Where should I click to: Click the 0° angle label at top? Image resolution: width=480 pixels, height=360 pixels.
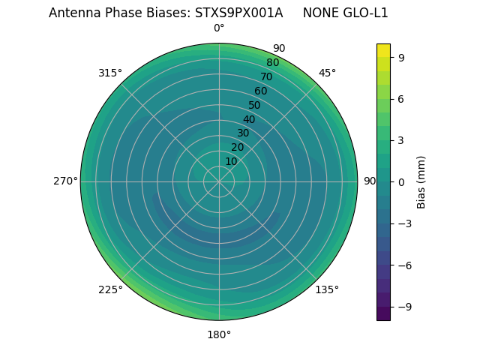[219, 28]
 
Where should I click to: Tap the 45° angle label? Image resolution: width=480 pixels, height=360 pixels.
[327, 73]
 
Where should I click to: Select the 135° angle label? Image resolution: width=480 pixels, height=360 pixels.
[327, 289]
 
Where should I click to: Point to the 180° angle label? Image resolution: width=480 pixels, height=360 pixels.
[219, 334]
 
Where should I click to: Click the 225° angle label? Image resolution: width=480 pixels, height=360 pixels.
[110, 289]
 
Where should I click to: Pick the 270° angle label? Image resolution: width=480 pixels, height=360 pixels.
[65, 181]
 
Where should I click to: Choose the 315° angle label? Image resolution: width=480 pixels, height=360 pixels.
[110, 73]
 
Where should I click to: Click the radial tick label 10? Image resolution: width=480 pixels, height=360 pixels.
[231, 161]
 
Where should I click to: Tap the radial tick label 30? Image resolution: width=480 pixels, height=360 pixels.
[243, 133]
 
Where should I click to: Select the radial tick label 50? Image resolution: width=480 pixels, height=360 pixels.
[255, 105]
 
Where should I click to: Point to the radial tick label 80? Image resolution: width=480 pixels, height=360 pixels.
[272, 62]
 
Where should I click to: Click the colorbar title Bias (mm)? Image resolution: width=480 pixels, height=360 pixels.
[421, 181]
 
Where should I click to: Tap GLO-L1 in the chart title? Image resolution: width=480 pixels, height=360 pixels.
[366, 13]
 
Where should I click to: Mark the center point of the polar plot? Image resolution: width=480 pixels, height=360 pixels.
[219, 181]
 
